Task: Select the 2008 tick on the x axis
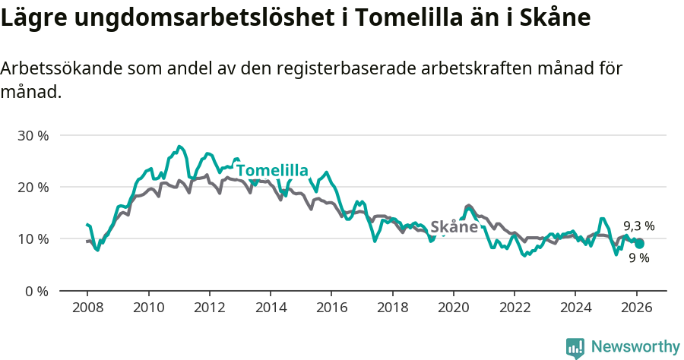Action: pos(87,308)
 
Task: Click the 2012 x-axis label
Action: pos(209,308)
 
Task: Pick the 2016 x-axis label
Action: pos(331,308)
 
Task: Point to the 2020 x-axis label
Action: pos(453,308)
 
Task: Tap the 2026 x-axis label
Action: pos(635,308)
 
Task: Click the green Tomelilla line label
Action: pos(271,170)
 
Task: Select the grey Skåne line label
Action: pos(454,227)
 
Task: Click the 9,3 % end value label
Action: pos(638,226)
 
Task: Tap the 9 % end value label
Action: pos(638,258)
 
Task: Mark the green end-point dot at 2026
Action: pos(639,244)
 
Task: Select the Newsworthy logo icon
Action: pos(575,348)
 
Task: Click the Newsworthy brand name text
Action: pos(635,347)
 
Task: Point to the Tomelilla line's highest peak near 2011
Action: pos(179,147)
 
